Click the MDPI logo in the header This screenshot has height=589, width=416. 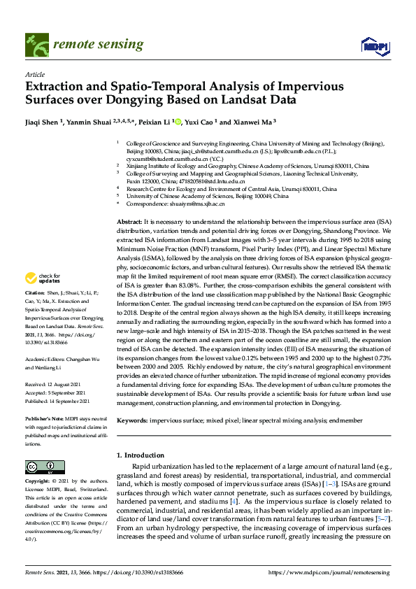[x=374, y=46]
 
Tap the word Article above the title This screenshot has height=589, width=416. [x=35, y=74]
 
